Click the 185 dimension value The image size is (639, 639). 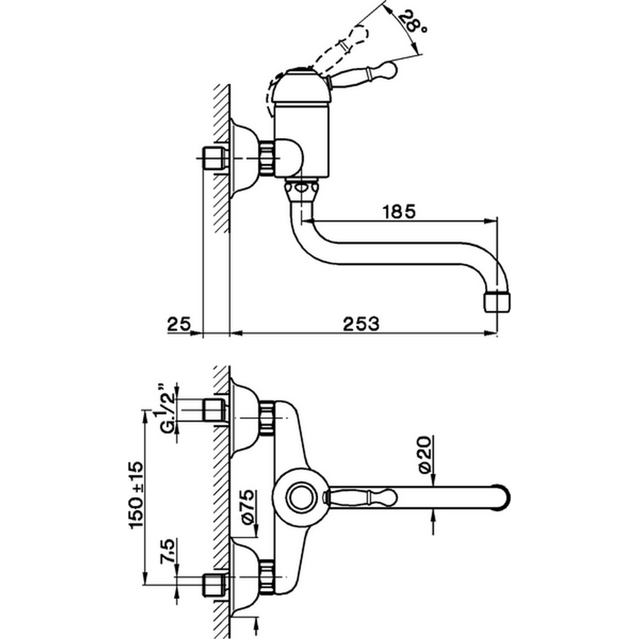click(397, 211)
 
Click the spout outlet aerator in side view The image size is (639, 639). click(498, 301)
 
